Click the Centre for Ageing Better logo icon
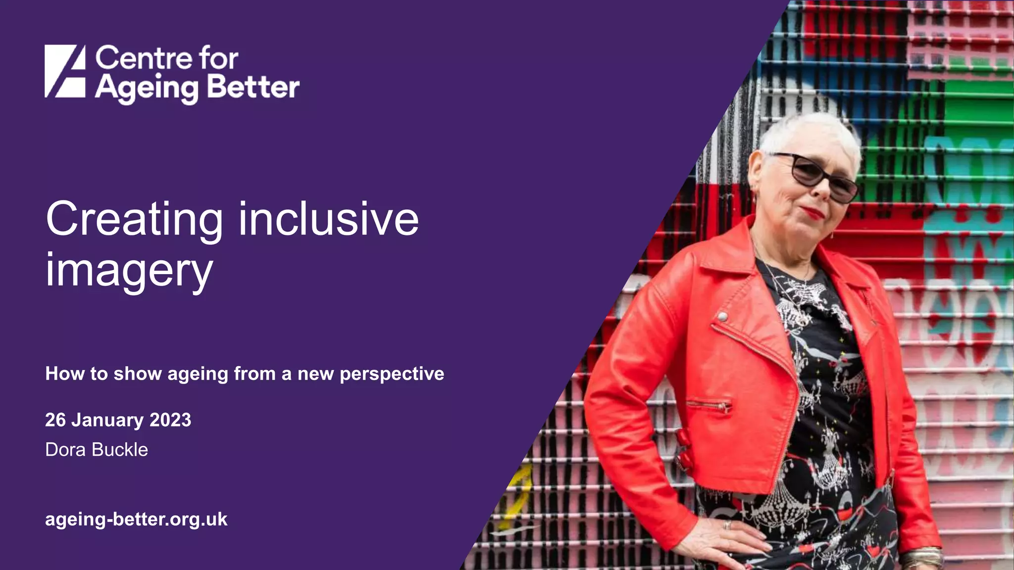[x=65, y=71]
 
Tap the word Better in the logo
[x=253, y=88]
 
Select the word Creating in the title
[x=134, y=220]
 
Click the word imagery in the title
[x=129, y=271]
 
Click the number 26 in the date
[x=55, y=420]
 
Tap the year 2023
[x=170, y=420]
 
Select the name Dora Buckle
[x=97, y=450]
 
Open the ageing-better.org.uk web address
[x=136, y=520]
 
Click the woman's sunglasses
[x=817, y=176]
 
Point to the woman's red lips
[x=813, y=213]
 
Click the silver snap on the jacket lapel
[x=723, y=316]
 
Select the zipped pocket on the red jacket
[x=709, y=404]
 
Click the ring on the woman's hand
[x=726, y=524]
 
